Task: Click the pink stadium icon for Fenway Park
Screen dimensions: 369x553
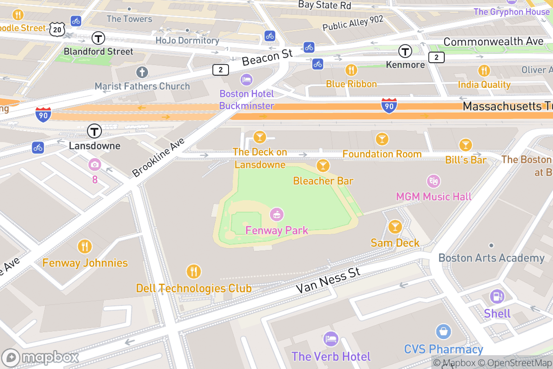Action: coord(276,214)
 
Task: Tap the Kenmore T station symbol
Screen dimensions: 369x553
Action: coord(406,51)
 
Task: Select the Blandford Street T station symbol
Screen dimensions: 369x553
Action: coord(98,38)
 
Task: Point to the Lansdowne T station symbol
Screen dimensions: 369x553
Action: coord(94,131)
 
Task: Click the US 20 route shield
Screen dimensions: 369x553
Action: coord(57,29)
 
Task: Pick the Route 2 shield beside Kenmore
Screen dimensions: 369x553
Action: coord(436,57)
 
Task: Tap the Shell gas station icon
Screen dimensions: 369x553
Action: coord(497,297)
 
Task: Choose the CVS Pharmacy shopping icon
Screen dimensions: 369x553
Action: coord(443,332)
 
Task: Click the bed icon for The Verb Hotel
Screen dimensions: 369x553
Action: coord(330,339)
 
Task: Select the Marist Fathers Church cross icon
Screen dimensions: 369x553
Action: coord(142,72)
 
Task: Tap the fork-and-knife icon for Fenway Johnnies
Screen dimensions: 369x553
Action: coord(85,246)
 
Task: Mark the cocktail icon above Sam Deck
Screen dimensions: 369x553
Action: coord(395,226)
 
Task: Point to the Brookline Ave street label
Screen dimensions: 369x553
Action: coord(158,157)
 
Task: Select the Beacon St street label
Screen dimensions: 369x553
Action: coord(267,58)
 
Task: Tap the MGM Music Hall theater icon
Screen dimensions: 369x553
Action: coord(433,180)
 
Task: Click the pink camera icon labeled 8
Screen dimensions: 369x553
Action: coord(95,164)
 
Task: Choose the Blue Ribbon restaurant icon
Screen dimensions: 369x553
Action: coord(351,70)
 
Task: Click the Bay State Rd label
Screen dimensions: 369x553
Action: coord(324,5)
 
